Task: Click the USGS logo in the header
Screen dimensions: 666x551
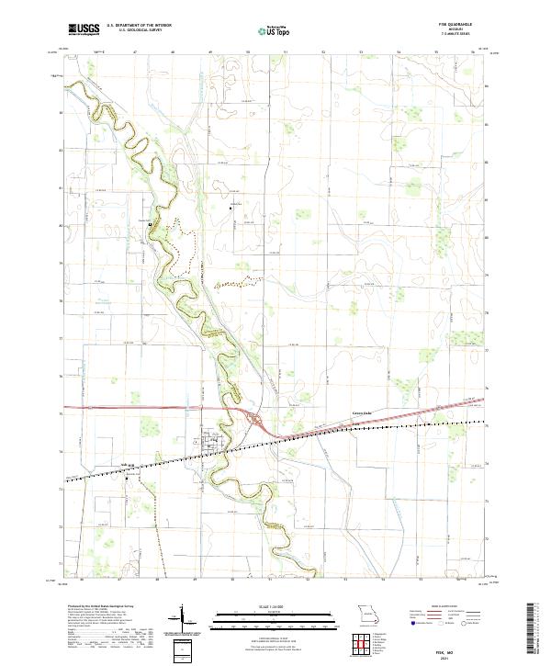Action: (84, 29)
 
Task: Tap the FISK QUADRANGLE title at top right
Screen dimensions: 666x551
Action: (460, 26)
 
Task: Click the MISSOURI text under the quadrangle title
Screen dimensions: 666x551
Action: (460, 30)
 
